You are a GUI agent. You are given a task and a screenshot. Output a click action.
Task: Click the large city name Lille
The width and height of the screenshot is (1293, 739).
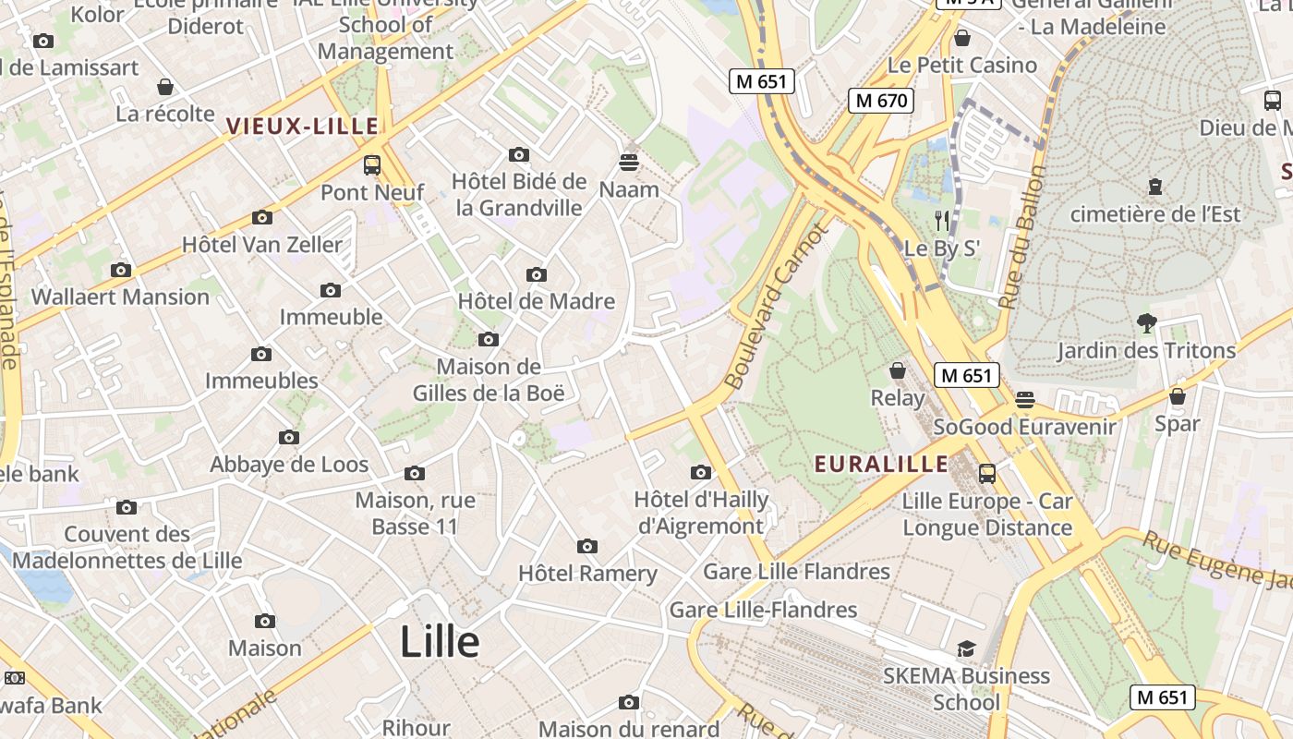(440, 642)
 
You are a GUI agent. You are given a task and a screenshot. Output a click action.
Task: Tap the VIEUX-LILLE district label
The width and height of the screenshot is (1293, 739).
(303, 127)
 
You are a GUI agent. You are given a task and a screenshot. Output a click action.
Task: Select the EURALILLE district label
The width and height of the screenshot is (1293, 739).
(881, 464)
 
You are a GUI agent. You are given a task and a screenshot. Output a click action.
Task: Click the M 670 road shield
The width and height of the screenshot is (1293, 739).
(881, 101)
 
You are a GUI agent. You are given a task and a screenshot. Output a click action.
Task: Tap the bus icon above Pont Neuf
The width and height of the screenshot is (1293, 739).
(372, 165)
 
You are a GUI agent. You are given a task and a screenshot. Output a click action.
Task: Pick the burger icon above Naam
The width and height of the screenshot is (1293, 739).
(629, 163)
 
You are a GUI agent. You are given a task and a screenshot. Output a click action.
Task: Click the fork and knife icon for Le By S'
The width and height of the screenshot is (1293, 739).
(941, 220)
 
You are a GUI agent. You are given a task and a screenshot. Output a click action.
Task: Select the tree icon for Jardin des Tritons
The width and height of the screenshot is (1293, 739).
(1146, 323)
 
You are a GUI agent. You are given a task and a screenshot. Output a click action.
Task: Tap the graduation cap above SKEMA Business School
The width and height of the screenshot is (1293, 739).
(966, 648)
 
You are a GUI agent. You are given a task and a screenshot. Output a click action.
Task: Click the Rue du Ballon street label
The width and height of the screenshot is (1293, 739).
(1023, 237)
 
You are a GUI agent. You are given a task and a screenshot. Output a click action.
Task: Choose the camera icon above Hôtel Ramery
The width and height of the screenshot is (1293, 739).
(586, 546)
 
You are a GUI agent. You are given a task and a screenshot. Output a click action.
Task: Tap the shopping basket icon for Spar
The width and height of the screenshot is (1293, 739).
(1177, 397)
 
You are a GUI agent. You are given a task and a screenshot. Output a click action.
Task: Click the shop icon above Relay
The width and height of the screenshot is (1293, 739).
(897, 371)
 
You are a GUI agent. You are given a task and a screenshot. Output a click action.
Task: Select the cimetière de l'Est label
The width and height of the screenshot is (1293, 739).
(1155, 214)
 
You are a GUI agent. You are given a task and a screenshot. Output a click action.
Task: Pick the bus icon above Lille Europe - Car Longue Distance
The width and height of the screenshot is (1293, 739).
(987, 474)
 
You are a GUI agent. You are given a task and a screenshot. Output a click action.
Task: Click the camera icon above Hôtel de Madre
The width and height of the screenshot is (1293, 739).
(536, 274)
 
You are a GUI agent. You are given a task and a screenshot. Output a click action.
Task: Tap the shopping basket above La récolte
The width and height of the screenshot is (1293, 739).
(165, 88)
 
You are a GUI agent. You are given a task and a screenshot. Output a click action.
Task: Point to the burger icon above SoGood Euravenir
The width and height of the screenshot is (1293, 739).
(1024, 400)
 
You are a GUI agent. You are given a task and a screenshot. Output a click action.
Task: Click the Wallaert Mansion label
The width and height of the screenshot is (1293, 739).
(120, 297)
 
